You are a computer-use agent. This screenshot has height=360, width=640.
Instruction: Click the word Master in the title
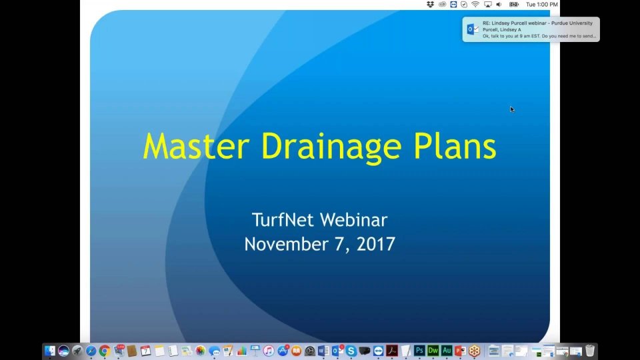(196, 146)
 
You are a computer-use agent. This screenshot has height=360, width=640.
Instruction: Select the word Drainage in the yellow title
(331, 148)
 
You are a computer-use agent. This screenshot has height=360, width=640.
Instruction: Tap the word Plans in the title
(455, 146)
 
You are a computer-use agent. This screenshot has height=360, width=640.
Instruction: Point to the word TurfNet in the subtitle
(283, 219)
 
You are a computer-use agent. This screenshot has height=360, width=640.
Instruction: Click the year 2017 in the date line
(376, 244)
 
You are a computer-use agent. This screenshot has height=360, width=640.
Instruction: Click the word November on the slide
(287, 244)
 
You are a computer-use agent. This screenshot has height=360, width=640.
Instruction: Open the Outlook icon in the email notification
(473, 29)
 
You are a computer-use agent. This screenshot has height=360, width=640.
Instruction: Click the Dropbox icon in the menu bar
(430, 5)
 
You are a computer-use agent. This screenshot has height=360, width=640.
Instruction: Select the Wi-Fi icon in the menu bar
(475, 5)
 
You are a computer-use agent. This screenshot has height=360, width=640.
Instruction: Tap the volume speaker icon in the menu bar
(499, 5)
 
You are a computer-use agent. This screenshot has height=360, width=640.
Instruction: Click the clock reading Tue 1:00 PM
(541, 5)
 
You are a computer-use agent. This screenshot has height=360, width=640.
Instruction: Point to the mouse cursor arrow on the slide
(512, 109)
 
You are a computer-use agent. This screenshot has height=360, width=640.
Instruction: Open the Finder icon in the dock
(50, 351)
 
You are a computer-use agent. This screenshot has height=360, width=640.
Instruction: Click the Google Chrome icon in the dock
(105, 351)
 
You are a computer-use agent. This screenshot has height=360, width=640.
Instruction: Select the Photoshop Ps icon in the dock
(419, 351)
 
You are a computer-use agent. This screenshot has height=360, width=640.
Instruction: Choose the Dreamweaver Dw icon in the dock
(433, 351)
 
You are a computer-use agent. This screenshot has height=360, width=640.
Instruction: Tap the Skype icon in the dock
(351, 351)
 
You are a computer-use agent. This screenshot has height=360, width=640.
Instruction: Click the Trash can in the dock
(590, 351)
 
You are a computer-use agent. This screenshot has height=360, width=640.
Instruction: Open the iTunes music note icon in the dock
(269, 351)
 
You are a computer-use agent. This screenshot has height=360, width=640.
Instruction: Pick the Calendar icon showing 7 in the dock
(146, 351)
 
